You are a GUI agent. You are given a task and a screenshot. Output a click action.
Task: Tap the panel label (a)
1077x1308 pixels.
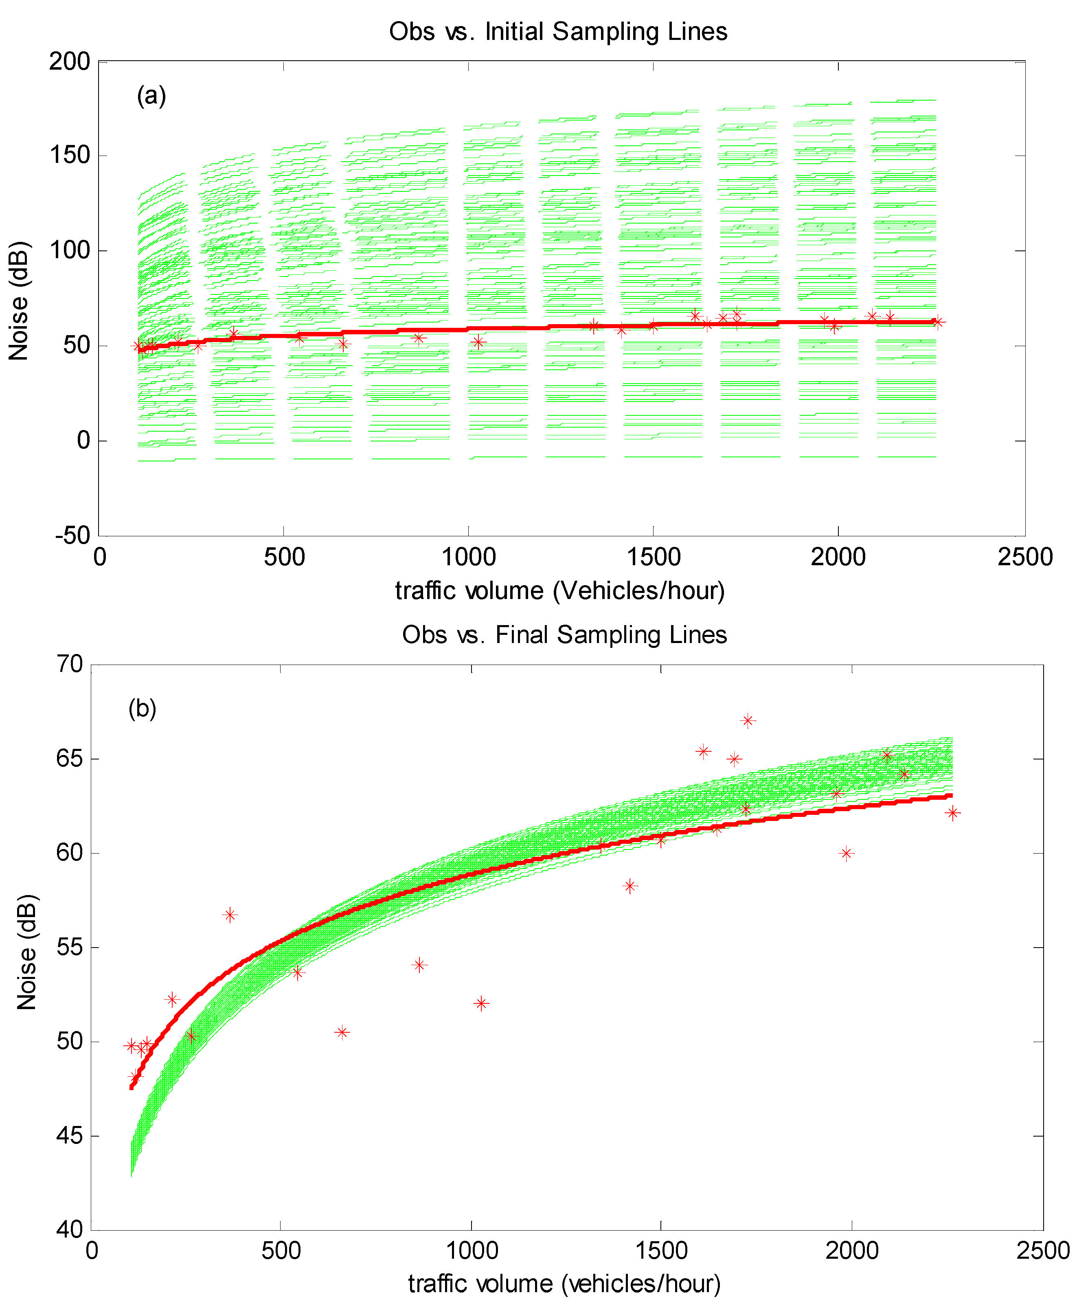151,96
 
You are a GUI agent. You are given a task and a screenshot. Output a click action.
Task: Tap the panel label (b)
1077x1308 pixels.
142,708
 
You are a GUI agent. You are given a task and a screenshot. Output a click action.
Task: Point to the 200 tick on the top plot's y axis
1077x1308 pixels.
70,61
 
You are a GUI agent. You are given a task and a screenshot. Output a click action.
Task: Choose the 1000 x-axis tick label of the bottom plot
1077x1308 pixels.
472,1250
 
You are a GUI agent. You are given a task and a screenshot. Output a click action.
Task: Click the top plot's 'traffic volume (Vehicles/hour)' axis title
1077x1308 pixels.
559,590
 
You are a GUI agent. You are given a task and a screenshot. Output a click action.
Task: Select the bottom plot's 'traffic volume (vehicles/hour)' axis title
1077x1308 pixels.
564,1283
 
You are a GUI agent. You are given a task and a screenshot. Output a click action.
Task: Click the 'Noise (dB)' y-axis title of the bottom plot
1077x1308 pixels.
27,952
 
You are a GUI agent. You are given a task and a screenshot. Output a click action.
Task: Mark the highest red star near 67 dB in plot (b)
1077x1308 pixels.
748,720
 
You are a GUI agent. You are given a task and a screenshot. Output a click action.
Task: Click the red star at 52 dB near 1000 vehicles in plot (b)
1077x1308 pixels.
481,1003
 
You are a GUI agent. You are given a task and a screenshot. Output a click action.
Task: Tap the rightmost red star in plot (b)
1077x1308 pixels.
953,813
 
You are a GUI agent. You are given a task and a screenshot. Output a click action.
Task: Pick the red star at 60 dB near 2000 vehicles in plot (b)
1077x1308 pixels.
846,853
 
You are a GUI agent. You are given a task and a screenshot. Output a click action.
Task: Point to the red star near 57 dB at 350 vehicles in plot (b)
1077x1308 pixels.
230,915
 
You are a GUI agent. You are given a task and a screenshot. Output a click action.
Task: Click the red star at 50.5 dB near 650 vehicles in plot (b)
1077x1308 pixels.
342,1032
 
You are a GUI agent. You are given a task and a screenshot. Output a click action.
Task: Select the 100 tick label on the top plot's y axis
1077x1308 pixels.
70,251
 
